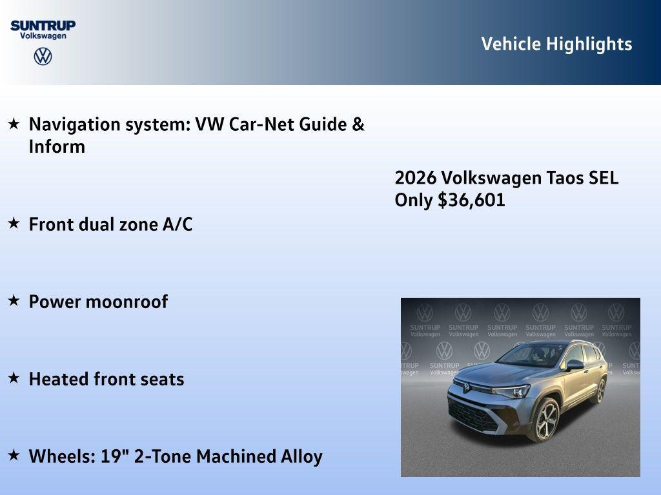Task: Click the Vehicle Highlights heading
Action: [x=556, y=44]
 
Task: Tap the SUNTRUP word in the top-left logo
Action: [x=43, y=25]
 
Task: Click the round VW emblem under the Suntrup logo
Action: [x=43, y=57]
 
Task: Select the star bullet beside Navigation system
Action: [x=14, y=123]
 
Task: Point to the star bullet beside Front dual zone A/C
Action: [x=14, y=223]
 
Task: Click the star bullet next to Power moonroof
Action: [x=14, y=300]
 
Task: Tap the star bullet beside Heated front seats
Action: [x=14, y=378]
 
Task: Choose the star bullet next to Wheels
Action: [x=14, y=455]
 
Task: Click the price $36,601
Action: [x=471, y=200]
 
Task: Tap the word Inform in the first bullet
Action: [x=57, y=146]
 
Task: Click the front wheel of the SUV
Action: [x=546, y=420]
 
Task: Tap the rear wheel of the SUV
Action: [x=600, y=390]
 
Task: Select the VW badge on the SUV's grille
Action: [x=465, y=387]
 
